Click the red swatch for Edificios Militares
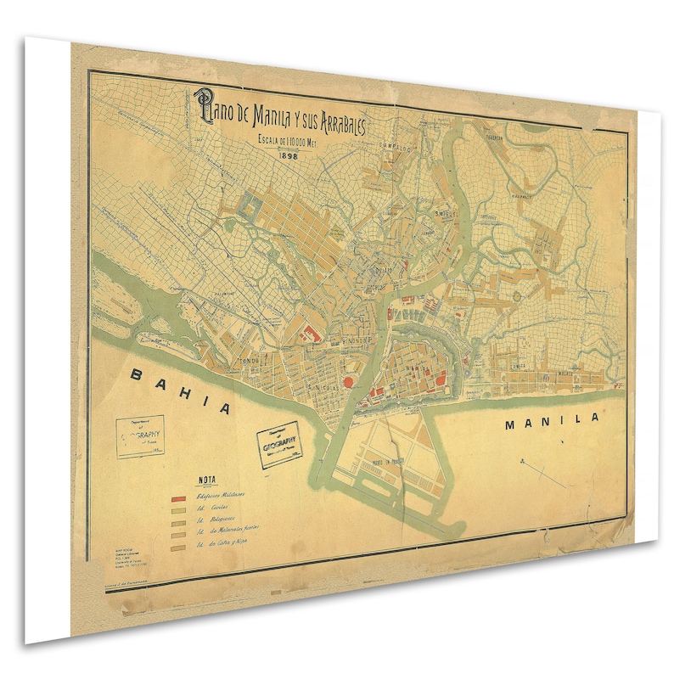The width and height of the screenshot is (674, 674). (x=179, y=496)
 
